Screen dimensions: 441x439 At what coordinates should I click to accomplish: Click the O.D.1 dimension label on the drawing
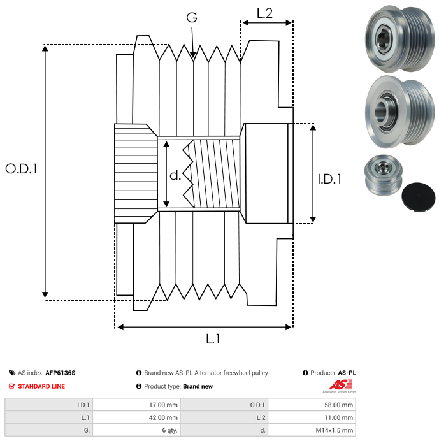pyautogui.click(x=22, y=169)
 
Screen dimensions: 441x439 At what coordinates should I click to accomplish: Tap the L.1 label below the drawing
pyautogui.click(x=213, y=340)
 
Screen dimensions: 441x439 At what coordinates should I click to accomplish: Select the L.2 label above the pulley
pyautogui.click(x=264, y=13)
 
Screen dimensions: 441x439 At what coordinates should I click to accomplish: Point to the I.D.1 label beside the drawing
pyautogui.click(x=329, y=180)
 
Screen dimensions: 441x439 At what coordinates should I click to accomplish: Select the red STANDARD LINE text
pyautogui.click(x=41, y=386)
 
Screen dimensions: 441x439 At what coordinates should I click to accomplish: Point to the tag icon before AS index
pyautogui.click(x=11, y=373)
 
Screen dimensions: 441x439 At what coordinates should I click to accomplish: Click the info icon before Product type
pyautogui.click(x=138, y=386)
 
